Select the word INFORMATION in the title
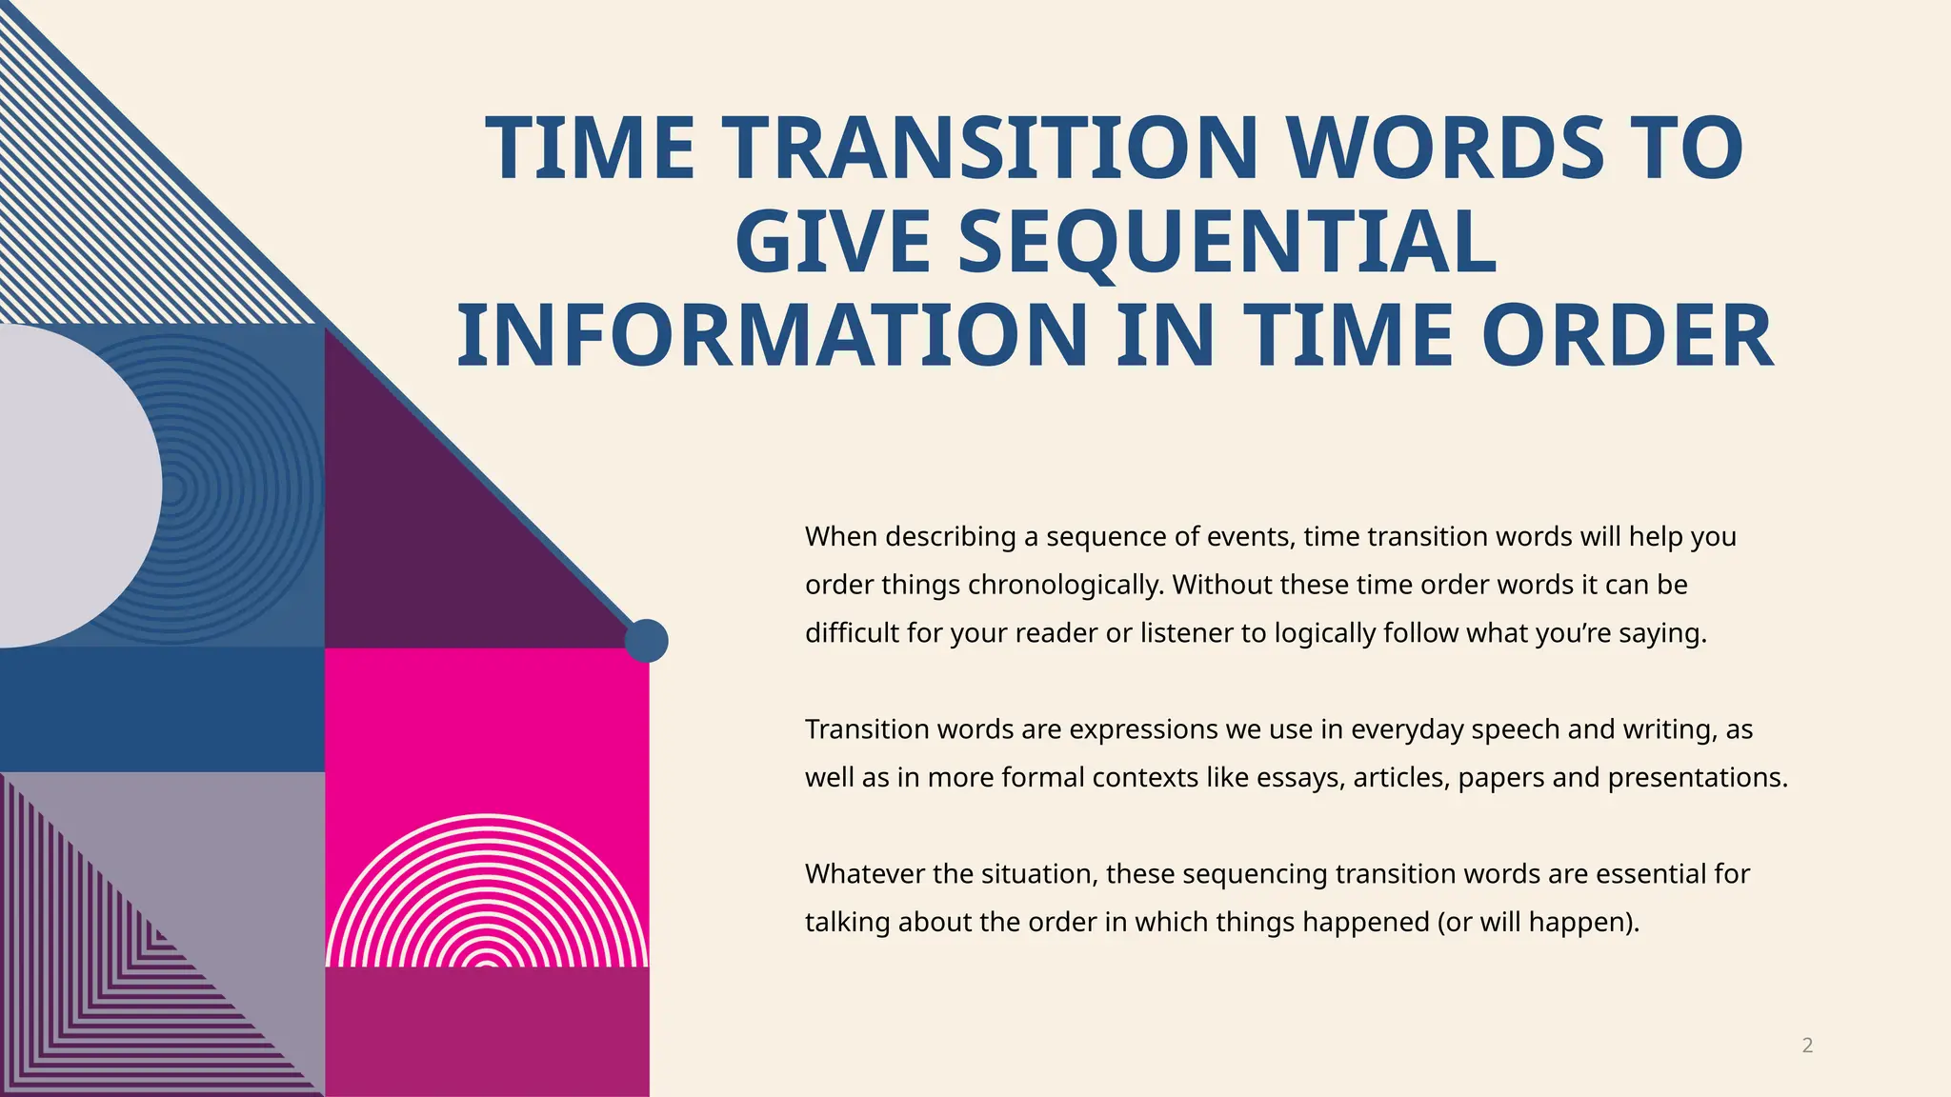pos(772,336)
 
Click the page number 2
pos(1807,1046)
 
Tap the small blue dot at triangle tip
pos(646,641)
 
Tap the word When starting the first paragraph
pos(841,537)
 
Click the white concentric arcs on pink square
pos(487,895)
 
